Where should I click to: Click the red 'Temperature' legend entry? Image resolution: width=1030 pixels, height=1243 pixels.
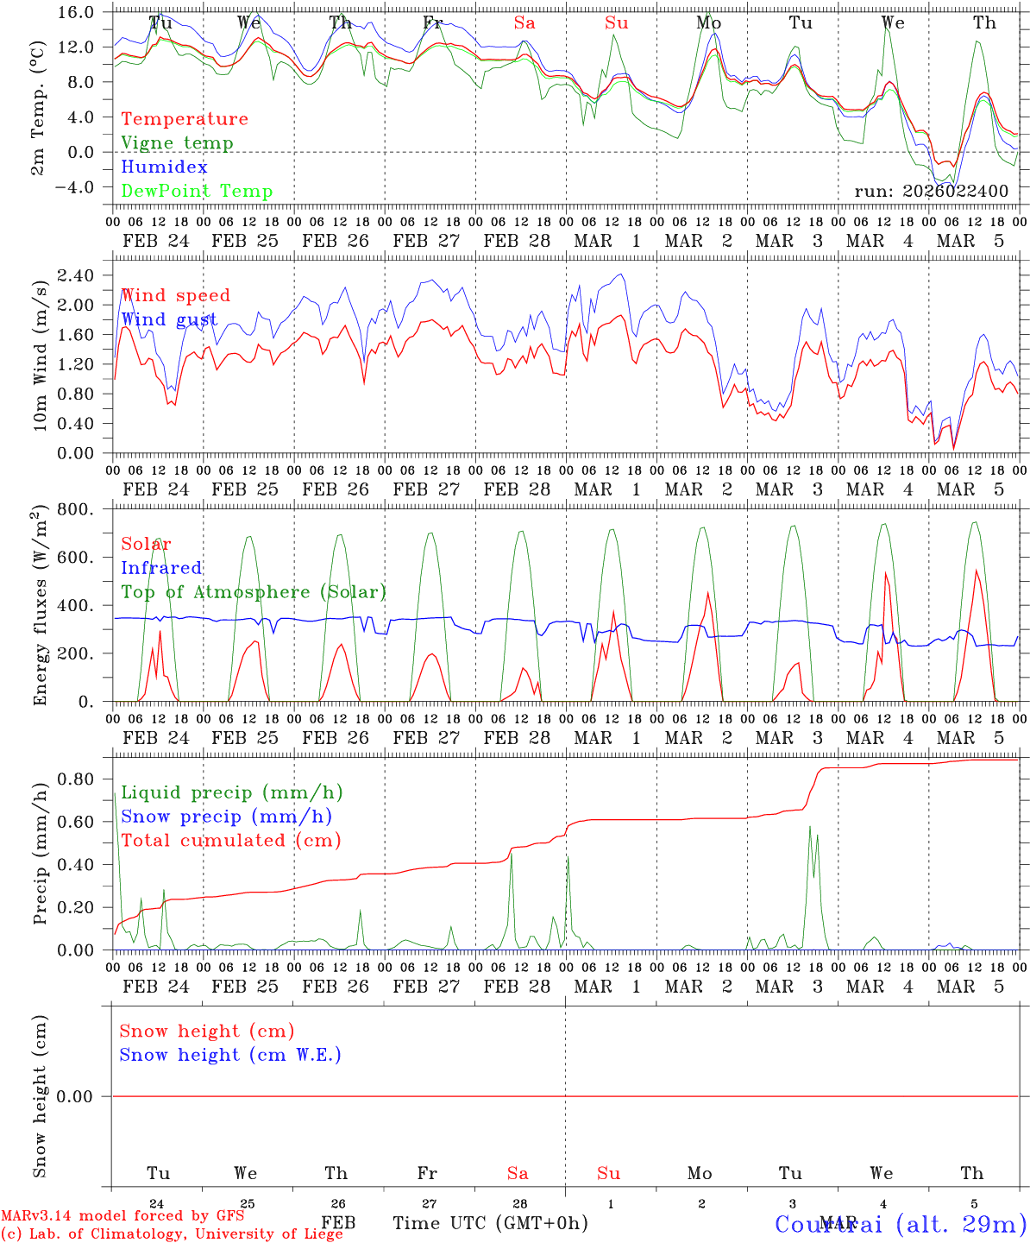[184, 119]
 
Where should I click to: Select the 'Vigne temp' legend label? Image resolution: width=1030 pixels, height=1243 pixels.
[177, 143]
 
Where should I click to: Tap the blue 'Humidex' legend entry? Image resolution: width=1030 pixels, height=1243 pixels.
[164, 167]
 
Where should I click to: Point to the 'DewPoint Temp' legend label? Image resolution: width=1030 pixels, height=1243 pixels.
[197, 192]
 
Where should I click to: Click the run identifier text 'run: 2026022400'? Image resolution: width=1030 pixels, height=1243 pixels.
[931, 191]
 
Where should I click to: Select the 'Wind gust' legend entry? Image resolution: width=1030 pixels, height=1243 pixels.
[169, 319]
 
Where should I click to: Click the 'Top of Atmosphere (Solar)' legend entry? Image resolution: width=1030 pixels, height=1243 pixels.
[254, 592]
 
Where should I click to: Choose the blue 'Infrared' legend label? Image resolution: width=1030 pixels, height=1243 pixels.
[161, 568]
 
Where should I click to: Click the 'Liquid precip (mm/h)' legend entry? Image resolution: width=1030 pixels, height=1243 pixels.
[231, 792]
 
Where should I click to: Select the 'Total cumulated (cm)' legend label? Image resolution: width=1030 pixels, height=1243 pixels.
[230, 841]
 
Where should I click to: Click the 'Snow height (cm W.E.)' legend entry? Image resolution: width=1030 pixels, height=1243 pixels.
[229, 1055]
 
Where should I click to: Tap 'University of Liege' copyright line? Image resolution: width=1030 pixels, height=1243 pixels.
[172, 1234]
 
